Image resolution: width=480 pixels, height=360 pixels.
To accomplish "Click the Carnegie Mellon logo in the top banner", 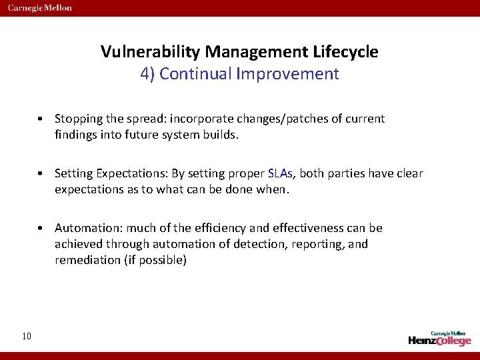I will [x=40, y=8].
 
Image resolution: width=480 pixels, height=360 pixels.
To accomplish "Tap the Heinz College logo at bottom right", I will [x=440, y=338].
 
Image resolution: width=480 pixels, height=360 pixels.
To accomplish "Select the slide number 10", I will [x=26, y=336].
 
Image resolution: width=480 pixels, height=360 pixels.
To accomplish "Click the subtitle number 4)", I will [x=147, y=73].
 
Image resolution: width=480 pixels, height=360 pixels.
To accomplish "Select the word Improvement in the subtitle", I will [x=287, y=73].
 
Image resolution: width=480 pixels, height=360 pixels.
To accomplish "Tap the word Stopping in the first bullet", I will [x=77, y=119].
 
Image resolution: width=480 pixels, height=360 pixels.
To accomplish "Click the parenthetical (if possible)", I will [x=153, y=259].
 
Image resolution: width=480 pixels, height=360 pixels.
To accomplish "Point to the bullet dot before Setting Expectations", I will [x=41, y=174].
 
